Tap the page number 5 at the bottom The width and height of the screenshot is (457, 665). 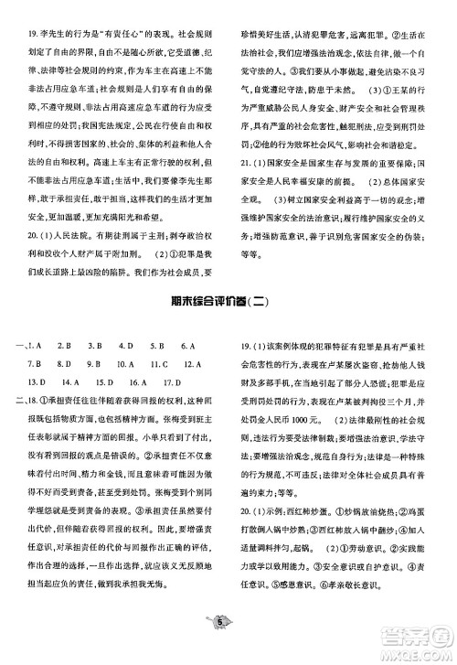click(x=222, y=646)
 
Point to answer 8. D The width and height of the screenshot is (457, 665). click(x=64, y=364)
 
